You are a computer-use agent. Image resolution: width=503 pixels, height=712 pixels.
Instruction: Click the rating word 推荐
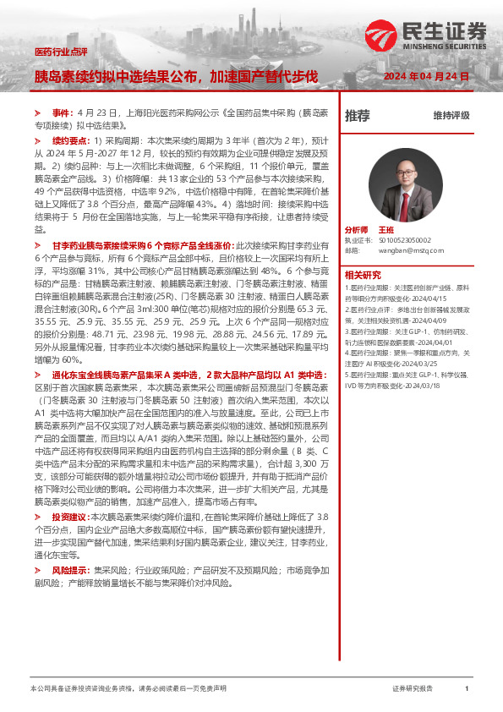point(358,115)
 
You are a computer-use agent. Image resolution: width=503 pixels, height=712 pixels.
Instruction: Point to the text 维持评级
point(451,115)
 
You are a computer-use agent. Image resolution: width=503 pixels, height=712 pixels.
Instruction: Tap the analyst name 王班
point(386,230)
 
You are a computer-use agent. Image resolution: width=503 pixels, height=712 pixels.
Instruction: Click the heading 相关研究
point(363,275)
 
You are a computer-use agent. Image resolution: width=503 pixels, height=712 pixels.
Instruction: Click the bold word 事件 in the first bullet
point(62,112)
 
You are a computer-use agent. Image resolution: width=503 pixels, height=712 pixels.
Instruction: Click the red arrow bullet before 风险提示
point(37,572)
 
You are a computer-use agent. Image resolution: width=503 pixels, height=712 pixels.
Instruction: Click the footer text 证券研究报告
point(413,689)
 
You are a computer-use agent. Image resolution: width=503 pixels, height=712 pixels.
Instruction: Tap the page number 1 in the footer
point(466,689)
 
